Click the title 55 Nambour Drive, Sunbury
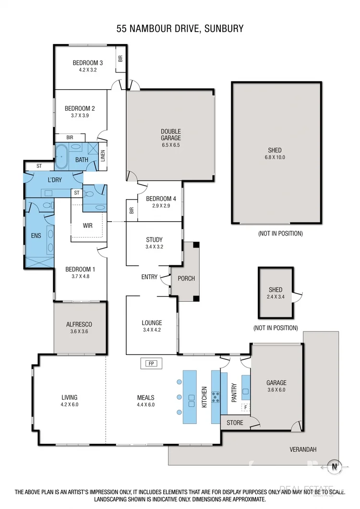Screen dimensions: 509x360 pyautogui.click(x=180, y=29)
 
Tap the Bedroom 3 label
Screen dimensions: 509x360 pyautogui.click(x=88, y=63)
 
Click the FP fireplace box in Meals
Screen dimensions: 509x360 pyautogui.click(x=151, y=363)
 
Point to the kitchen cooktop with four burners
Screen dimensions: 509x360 pyautogui.click(x=216, y=397)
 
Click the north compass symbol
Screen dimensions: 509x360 pyautogui.click(x=333, y=464)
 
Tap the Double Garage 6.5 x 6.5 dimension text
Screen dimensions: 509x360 pyautogui.click(x=170, y=144)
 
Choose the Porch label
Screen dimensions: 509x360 pyautogui.click(x=186, y=278)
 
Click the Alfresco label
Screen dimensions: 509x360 pyautogui.click(x=79, y=324)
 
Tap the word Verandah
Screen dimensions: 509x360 pyautogui.click(x=303, y=450)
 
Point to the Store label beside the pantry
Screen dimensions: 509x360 pyautogui.click(x=235, y=423)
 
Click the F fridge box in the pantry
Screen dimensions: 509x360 pyautogui.click(x=246, y=408)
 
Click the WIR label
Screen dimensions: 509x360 pyautogui.click(x=87, y=225)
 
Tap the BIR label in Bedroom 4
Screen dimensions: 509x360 pyautogui.click(x=131, y=210)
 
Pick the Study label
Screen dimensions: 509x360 pyautogui.click(x=154, y=240)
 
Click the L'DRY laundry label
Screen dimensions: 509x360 pyautogui.click(x=56, y=180)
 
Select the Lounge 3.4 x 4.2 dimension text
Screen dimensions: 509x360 pyautogui.click(x=151, y=330)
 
